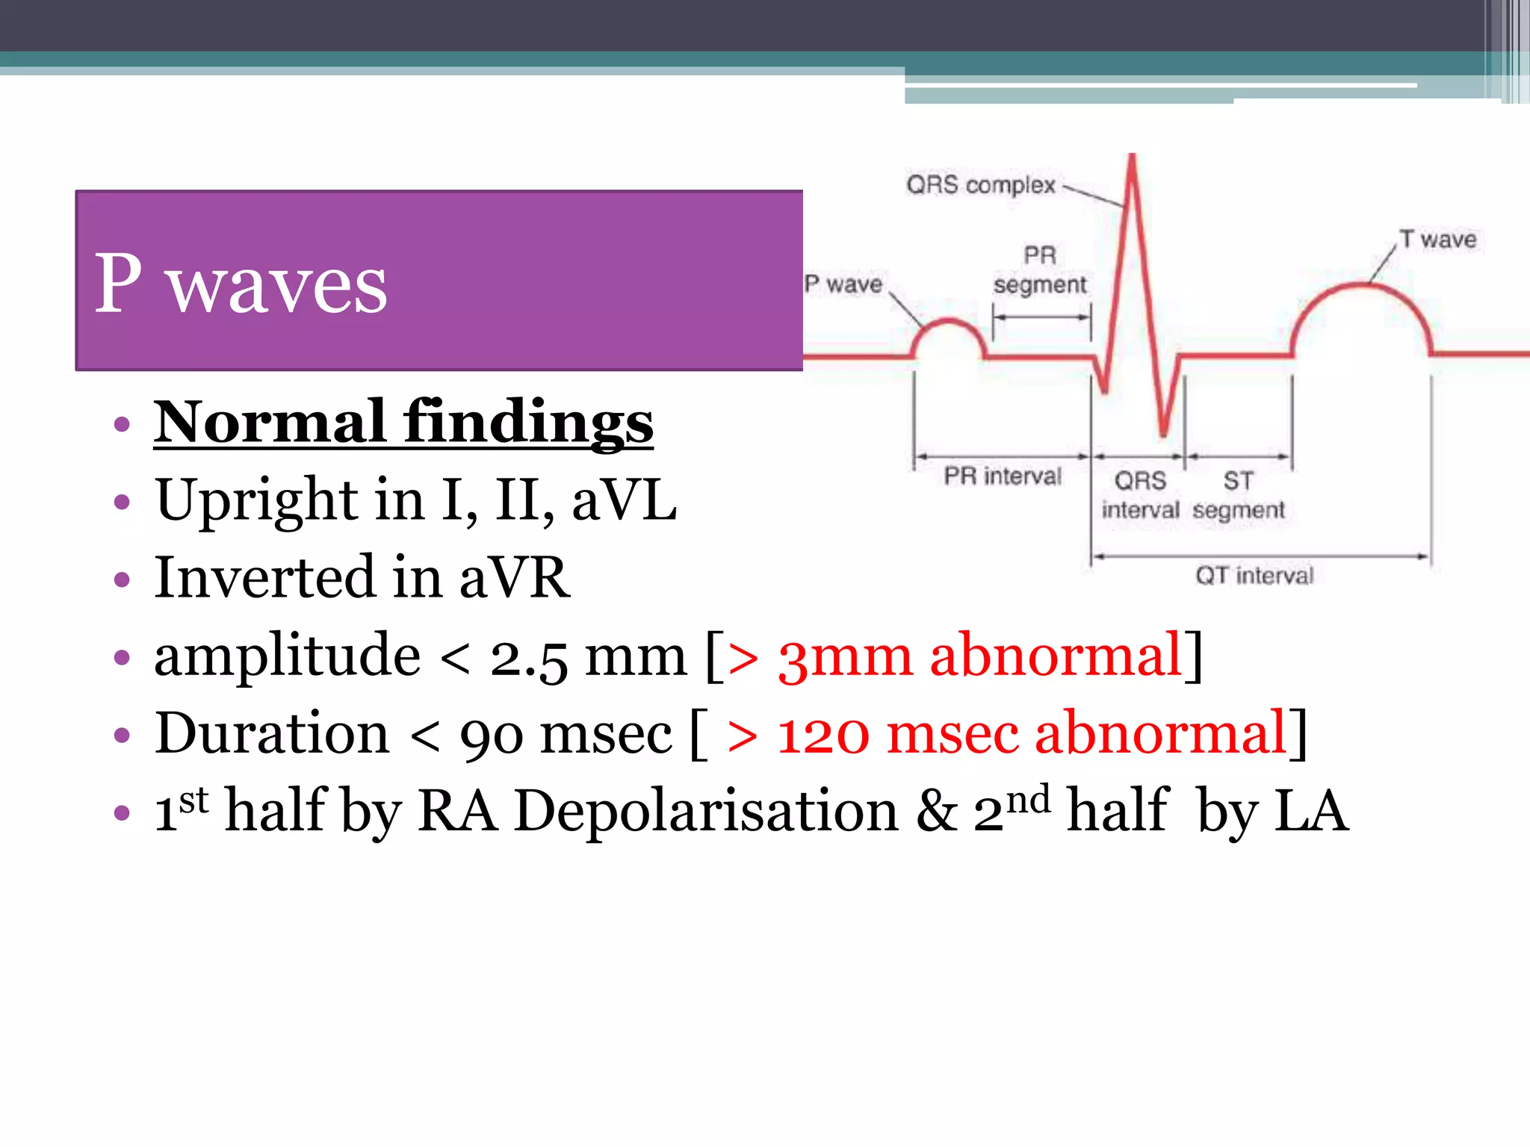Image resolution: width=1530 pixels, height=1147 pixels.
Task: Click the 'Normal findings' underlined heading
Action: [403, 423]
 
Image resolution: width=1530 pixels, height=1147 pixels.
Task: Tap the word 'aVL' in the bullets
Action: [625, 500]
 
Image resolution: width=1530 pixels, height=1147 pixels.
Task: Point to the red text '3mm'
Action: [844, 657]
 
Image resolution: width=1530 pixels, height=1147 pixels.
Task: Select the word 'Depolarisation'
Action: [707, 812]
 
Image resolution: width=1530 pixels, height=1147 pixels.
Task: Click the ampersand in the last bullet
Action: [937, 812]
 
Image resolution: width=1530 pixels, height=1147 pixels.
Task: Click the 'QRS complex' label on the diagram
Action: [980, 184]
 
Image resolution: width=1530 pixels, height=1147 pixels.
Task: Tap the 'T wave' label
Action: [1438, 240]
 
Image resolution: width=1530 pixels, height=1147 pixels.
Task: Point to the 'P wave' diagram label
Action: [843, 285]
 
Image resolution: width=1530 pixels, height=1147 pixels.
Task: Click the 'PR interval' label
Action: [1002, 476]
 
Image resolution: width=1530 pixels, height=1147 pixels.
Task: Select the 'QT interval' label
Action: [1254, 576]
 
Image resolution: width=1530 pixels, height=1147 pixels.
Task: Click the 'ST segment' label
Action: [1238, 495]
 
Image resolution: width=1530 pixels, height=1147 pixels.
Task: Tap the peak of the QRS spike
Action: [1133, 158]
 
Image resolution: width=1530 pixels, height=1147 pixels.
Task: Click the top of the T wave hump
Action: [1361, 285]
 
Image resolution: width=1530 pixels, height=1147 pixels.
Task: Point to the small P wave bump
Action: [947, 323]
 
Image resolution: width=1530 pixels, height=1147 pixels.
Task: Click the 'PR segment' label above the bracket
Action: [1040, 270]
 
